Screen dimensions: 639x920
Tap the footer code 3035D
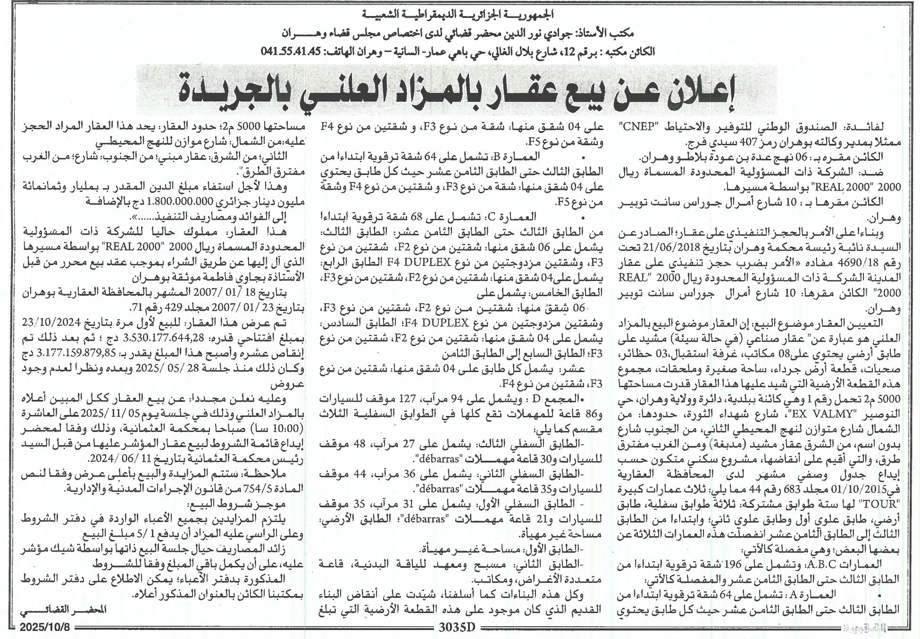pos(457,628)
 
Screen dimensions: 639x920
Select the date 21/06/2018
pos(759,246)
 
